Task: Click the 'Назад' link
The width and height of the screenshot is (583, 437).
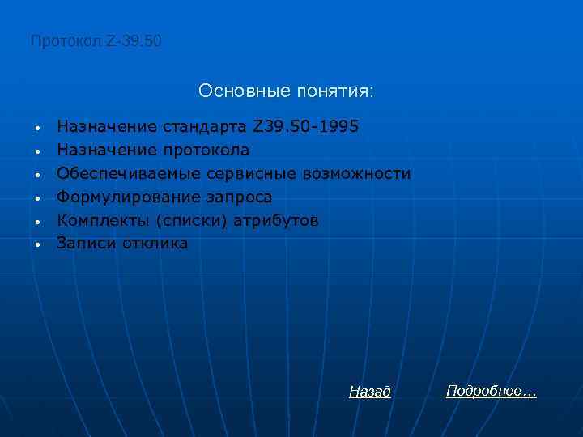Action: coord(370,392)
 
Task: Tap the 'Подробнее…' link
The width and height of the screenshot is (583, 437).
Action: coord(491,391)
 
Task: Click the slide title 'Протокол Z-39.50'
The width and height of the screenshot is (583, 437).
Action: coord(96,40)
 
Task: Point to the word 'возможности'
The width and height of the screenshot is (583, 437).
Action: coord(357,174)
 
